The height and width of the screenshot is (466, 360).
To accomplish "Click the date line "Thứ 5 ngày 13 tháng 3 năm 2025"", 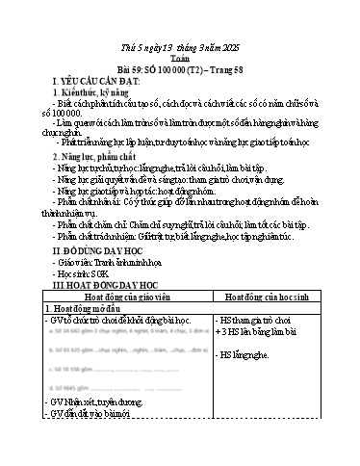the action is tap(179, 17).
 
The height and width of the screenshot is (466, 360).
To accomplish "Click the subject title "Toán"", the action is tap(179, 30).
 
